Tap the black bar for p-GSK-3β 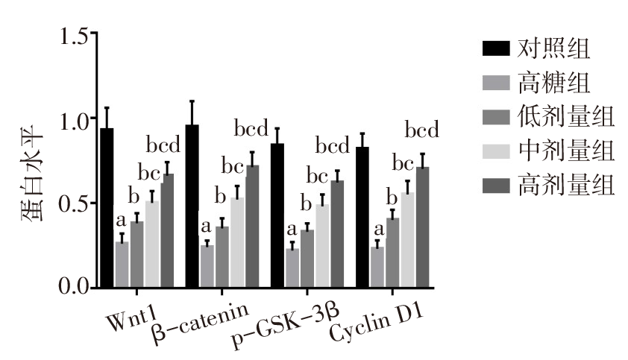click(x=277, y=215)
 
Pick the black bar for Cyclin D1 click(x=362, y=217)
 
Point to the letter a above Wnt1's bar click(x=120, y=221)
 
